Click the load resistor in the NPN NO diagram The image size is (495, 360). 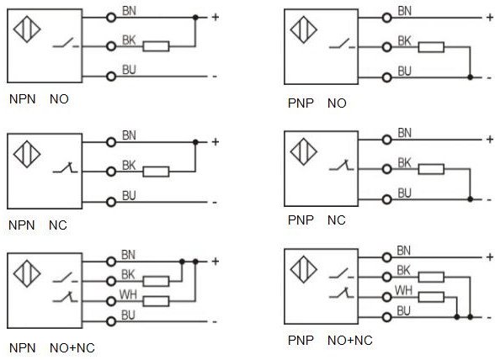[x=156, y=46]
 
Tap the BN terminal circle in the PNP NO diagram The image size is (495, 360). [x=386, y=18]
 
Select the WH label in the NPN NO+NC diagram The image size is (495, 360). [x=128, y=294]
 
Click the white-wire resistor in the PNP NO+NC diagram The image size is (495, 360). [x=431, y=297]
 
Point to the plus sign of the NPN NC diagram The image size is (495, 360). [x=216, y=142]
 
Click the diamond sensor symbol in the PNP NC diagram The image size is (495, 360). [x=304, y=151]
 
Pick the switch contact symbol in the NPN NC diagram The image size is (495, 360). [x=65, y=168]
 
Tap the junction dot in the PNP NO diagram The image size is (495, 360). [x=470, y=77]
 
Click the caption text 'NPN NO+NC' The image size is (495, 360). [x=52, y=348]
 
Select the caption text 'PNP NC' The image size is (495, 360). [x=317, y=220]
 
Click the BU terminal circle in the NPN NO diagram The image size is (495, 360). [x=111, y=77]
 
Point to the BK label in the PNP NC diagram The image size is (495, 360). [x=404, y=163]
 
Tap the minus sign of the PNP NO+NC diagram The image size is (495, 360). [x=489, y=318]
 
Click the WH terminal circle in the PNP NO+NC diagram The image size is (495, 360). [x=386, y=297]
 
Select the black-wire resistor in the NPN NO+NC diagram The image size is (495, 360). [x=156, y=281]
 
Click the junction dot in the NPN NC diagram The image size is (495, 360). [x=195, y=142]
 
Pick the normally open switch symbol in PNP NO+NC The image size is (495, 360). [x=342, y=273]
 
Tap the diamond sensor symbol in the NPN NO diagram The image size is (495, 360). [x=27, y=29]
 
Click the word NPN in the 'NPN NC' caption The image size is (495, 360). [x=22, y=225]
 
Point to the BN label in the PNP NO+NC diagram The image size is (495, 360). [x=404, y=251]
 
